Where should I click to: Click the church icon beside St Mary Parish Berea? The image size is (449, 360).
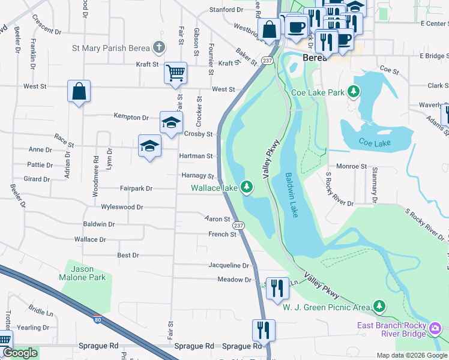click(158, 47)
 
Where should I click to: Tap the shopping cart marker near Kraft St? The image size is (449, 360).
click(175, 73)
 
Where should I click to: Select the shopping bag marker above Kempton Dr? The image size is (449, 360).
click(79, 91)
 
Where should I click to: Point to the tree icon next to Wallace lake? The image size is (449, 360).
click(246, 188)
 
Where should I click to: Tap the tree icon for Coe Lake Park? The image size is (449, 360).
click(354, 92)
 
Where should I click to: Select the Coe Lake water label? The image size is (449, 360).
click(375, 143)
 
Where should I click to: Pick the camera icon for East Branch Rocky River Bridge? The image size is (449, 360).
click(436, 328)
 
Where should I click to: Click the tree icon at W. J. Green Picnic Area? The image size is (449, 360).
click(379, 307)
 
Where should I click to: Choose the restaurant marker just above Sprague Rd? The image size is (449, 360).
click(264, 329)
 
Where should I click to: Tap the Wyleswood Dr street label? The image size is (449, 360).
click(122, 207)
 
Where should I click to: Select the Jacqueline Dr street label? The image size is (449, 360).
click(228, 265)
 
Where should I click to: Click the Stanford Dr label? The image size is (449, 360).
click(226, 10)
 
